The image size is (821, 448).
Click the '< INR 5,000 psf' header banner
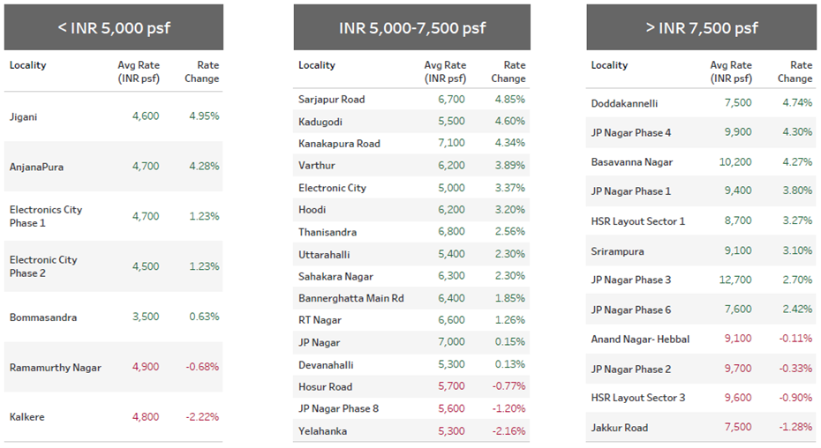[114, 27]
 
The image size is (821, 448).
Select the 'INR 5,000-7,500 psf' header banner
[411, 27]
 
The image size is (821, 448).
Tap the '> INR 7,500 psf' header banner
[702, 27]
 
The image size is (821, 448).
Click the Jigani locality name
[24, 116]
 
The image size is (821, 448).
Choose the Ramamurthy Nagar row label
[56, 368]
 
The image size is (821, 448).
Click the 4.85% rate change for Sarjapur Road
[509, 100]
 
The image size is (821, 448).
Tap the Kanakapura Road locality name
[339, 144]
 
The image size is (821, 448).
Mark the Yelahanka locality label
[322, 431]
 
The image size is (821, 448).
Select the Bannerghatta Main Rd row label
[350, 299]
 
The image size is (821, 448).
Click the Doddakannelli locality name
[624, 103]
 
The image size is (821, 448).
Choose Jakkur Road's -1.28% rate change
[795, 428]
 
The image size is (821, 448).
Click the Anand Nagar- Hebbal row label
[640, 340]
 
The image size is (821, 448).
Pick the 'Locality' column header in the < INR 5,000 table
[28, 65]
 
